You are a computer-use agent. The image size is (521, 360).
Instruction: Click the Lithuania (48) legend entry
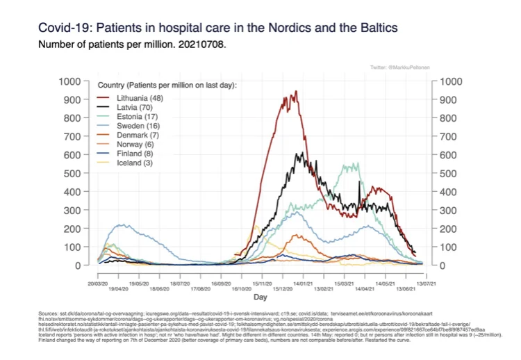pyautogui.click(x=138, y=99)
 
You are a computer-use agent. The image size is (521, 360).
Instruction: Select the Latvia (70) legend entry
pyautogui.click(x=133, y=109)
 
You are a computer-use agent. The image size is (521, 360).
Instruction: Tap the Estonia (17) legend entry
pyautogui.click(x=135, y=120)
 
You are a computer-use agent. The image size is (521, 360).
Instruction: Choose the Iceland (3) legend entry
pyautogui.click(x=132, y=162)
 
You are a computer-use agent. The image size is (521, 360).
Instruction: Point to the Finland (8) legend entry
pyautogui.click(x=133, y=152)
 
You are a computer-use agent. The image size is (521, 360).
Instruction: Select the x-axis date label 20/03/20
pyautogui.click(x=100, y=284)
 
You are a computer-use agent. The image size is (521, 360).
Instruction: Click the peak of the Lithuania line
pyautogui.click(x=296, y=91)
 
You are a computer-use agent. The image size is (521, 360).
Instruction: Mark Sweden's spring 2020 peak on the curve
pyautogui.click(x=122, y=224)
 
